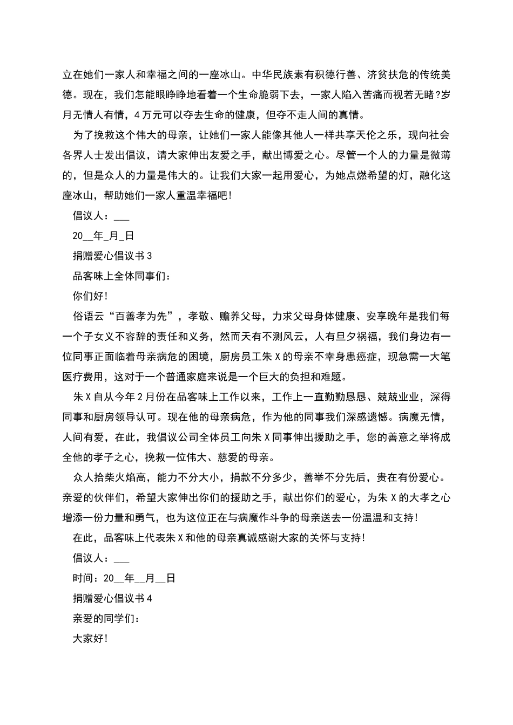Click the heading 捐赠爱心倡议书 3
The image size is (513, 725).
click(112, 256)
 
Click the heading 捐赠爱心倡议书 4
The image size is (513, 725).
click(112, 598)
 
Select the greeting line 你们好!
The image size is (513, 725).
click(90, 296)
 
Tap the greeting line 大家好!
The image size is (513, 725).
click(90, 638)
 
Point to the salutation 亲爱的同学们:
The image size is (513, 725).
click(106, 618)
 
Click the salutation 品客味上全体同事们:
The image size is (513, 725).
click(122, 276)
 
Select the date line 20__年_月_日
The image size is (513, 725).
click(103, 236)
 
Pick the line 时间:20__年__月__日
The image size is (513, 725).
click(124, 578)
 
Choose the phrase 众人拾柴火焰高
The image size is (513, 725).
click(110, 477)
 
